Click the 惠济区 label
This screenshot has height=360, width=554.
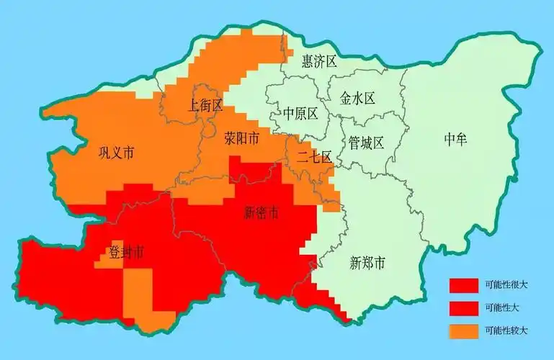319,61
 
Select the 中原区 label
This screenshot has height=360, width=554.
300,114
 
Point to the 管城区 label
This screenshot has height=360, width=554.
366,143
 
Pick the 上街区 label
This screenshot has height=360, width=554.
205,106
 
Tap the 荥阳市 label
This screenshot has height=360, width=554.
241,138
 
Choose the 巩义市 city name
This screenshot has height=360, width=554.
116,153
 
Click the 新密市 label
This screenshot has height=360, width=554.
262,212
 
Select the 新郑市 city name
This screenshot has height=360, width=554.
367,263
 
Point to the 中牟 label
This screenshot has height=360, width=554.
456,140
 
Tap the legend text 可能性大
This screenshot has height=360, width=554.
502,308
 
